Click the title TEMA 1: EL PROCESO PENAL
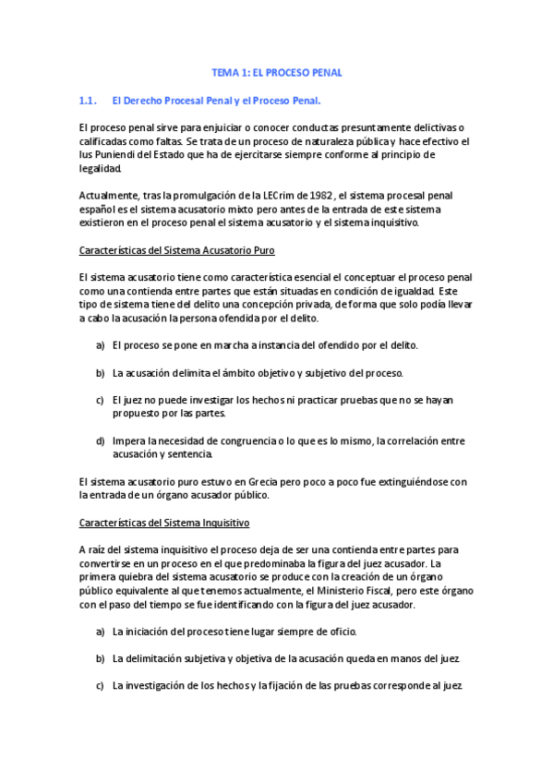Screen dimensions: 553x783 [x=277, y=72]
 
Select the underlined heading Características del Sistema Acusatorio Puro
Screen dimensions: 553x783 [x=176, y=250]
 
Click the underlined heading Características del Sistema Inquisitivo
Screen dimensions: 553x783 [x=164, y=523]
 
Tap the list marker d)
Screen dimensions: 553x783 [x=100, y=441]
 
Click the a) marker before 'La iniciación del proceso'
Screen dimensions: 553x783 [x=100, y=632]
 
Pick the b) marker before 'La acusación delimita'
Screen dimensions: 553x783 [x=100, y=373]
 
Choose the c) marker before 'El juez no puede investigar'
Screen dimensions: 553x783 [x=100, y=401]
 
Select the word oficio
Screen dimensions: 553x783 [x=337, y=632]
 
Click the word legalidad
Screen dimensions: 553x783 [x=100, y=169]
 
